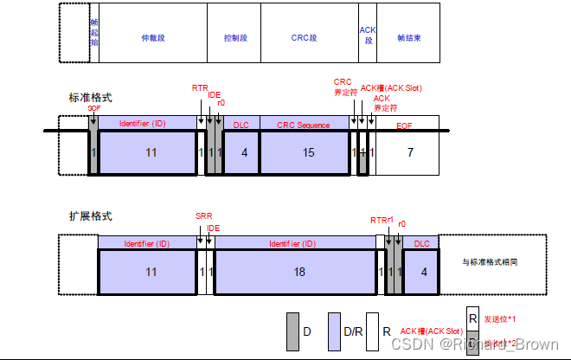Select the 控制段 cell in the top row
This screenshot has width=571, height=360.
click(x=235, y=38)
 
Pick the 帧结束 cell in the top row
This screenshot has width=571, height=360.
click(x=408, y=38)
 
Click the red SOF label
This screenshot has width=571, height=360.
click(x=93, y=108)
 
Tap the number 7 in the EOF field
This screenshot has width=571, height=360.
click(x=410, y=152)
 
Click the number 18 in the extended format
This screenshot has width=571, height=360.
click(x=299, y=271)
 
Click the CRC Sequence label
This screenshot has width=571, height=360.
click(x=303, y=125)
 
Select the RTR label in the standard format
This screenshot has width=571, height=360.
click(x=199, y=87)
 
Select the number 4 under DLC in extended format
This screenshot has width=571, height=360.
click(x=423, y=271)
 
